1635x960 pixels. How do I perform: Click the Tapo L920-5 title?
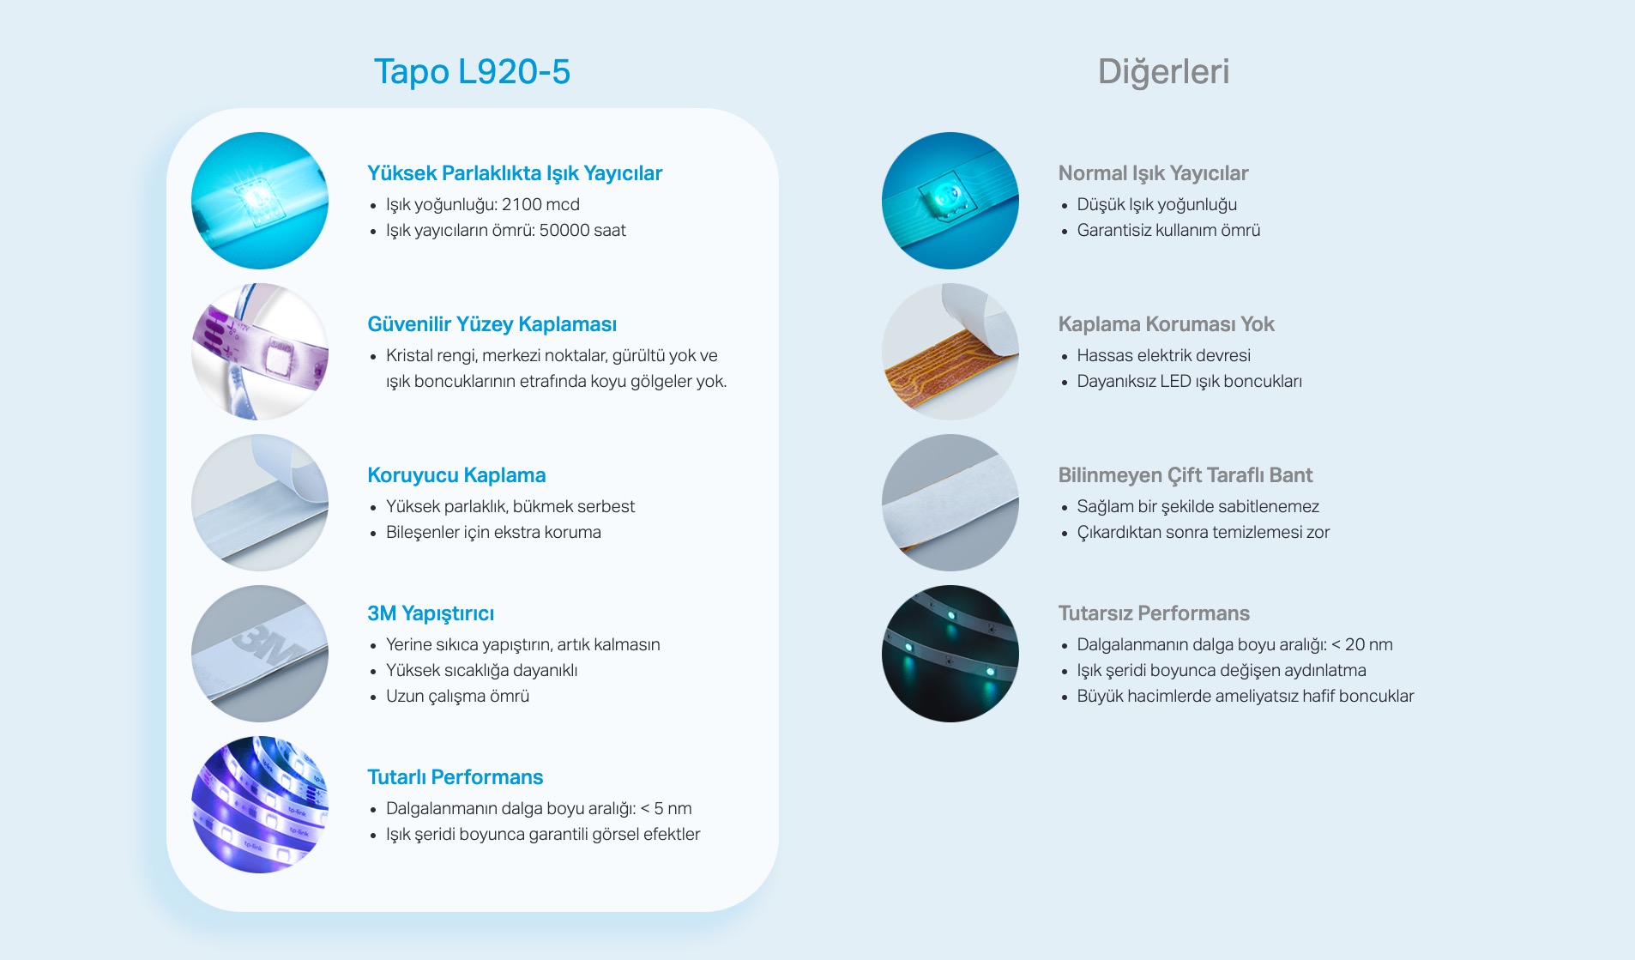click(472, 71)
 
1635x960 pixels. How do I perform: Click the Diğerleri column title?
click(1163, 71)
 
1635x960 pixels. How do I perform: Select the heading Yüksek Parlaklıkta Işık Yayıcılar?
click(515, 173)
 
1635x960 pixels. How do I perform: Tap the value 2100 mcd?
click(540, 204)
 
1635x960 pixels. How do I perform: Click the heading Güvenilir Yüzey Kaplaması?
click(492, 324)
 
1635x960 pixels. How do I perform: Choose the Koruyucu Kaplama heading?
click(456, 475)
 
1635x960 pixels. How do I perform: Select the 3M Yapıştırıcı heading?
click(431, 613)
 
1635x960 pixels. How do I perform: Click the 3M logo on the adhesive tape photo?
click(267, 644)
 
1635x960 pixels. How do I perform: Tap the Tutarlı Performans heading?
click(456, 777)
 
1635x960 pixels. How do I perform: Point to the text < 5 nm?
click(667, 808)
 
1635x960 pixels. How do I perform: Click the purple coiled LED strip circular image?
click(260, 805)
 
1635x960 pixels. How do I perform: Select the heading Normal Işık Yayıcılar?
click(1153, 173)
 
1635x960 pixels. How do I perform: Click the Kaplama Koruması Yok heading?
click(1166, 324)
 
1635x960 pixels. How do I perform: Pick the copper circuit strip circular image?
click(950, 352)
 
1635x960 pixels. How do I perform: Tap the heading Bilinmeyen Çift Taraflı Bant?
click(1186, 475)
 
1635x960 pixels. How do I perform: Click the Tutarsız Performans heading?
click(1154, 613)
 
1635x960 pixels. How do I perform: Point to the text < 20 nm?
click(1362, 644)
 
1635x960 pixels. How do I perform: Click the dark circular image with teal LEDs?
click(950, 654)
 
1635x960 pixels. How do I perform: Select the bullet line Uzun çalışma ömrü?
click(457, 696)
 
